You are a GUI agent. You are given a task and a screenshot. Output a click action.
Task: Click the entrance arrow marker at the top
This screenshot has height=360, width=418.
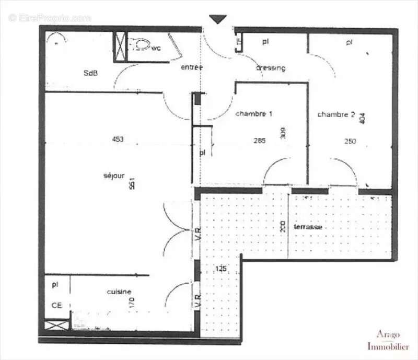(x=218, y=19)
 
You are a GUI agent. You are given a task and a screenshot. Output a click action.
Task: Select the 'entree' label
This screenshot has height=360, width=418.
(x=192, y=67)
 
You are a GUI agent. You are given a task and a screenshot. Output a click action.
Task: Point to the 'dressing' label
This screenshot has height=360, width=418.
(x=271, y=68)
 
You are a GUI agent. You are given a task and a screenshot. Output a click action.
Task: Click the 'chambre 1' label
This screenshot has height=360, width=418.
(x=254, y=113)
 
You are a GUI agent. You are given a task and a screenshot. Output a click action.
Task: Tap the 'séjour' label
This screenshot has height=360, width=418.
(x=114, y=176)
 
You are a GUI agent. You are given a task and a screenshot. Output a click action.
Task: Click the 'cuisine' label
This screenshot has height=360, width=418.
(x=119, y=292)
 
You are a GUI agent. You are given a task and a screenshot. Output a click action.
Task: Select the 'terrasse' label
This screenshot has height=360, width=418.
(x=307, y=227)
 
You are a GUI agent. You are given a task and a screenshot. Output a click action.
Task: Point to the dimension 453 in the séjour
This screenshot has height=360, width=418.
(x=118, y=139)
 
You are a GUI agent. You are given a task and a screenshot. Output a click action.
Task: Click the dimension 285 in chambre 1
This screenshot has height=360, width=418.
(x=259, y=140)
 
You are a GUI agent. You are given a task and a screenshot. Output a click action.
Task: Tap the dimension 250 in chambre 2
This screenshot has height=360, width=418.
(x=350, y=141)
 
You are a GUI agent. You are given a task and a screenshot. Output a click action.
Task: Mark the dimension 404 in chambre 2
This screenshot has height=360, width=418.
(x=363, y=119)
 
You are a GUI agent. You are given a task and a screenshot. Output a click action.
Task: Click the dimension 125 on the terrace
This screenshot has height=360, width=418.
(x=221, y=269)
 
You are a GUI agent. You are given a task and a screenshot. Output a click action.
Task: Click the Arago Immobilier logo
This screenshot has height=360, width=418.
(x=387, y=340)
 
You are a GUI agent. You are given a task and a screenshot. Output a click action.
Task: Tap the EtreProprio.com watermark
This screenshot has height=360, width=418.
(x=50, y=18)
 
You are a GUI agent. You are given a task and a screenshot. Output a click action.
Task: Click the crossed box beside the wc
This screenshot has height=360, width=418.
(x=121, y=45)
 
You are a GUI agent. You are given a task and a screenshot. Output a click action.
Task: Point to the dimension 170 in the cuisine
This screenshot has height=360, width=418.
(x=132, y=302)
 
